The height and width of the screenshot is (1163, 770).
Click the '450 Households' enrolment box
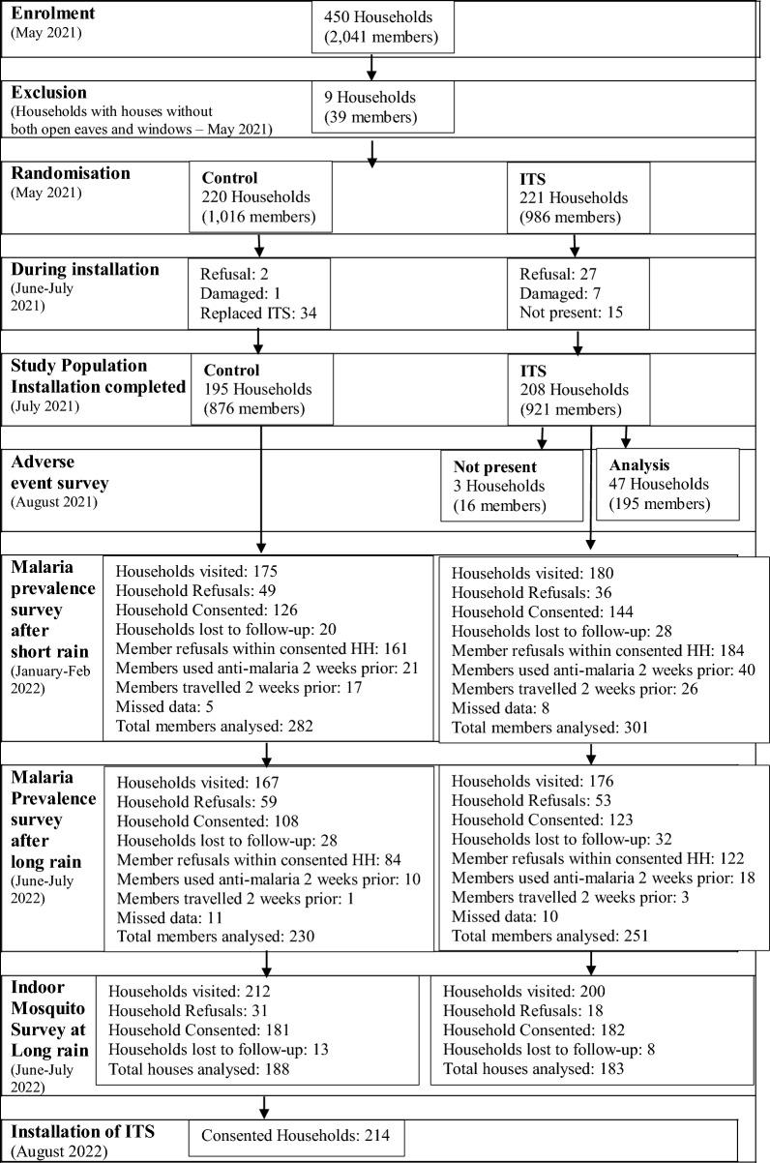click(x=382, y=28)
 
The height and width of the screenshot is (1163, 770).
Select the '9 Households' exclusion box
click(x=382, y=105)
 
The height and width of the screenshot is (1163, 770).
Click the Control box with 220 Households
click(x=260, y=197)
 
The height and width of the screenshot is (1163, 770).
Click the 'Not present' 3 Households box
click(x=510, y=486)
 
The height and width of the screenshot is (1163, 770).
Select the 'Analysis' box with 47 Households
click(x=666, y=486)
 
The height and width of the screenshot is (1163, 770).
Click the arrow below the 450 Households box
click(x=371, y=66)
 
